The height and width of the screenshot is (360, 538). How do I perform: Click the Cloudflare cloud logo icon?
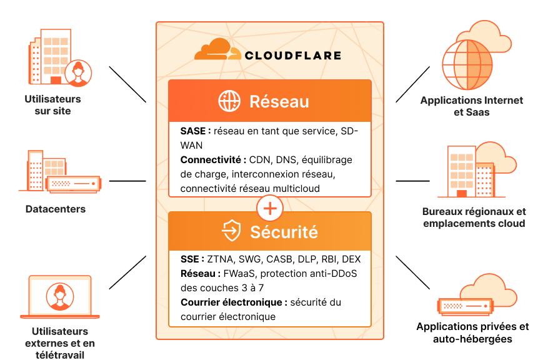pyautogui.click(x=217, y=50)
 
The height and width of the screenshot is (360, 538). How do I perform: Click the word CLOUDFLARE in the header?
pyautogui.click(x=293, y=55)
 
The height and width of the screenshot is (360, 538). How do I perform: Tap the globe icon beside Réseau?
pyautogui.click(x=229, y=101)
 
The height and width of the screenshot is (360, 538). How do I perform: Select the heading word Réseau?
pyautogui.click(x=279, y=102)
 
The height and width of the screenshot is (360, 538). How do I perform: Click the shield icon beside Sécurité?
pyautogui.click(x=231, y=230)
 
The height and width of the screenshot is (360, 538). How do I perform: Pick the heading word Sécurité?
pyautogui.click(x=284, y=232)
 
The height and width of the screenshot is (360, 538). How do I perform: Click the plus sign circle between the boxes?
pyautogui.click(x=270, y=208)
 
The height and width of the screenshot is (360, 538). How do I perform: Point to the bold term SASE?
pyautogui.click(x=193, y=131)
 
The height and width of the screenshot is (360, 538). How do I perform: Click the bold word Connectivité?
pyautogui.click(x=211, y=160)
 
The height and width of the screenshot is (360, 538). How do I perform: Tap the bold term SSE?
pyautogui.click(x=190, y=259)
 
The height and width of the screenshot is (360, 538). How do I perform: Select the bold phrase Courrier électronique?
pyautogui.click(x=232, y=302)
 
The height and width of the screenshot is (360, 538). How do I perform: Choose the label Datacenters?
pyautogui.click(x=56, y=209)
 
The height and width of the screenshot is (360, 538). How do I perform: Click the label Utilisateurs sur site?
pyautogui.click(x=53, y=105)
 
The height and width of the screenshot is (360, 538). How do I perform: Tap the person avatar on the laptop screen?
pyautogui.click(x=60, y=296)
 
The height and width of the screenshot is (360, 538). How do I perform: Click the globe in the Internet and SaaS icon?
pyautogui.click(x=467, y=65)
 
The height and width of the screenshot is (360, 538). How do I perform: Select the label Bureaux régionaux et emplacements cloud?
pyautogui.click(x=474, y=217)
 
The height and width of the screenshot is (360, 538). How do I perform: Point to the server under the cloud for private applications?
pyautogui.click(x=466, y=306)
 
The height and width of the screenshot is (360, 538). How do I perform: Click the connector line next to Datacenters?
pyautogui.click(x=127, y=181)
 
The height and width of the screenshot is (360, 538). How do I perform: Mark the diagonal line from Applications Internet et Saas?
pyautogui.click(x=413, y=84)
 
